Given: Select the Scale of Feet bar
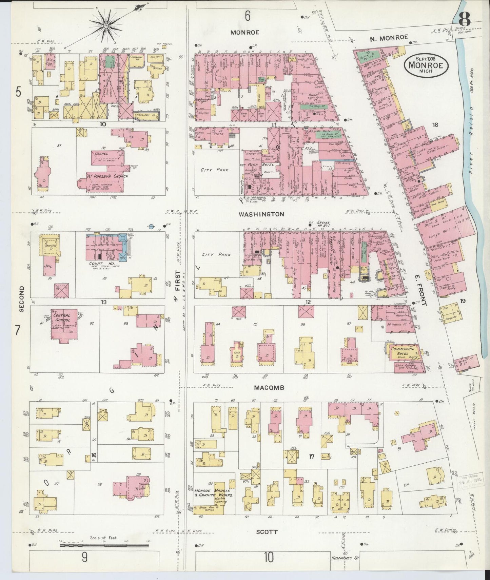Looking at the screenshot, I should click(x=104, y=545).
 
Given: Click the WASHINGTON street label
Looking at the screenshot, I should click(x=261, y=214).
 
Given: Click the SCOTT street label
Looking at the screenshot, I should click(x=267, y=532).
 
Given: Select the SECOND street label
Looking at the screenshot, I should click(x=21, y=299).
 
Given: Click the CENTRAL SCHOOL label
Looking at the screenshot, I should click(x=61, y=317).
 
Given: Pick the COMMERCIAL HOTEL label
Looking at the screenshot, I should click(x=403, y=351).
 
